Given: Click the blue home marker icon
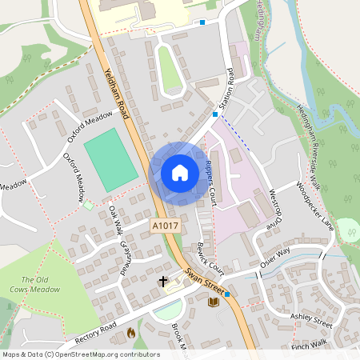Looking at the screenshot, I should pyautogui.click(x=180, y=173).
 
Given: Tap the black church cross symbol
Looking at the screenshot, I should pyautogui.click(x=164, y=282).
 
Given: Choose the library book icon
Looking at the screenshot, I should pyautogui.click(x=212, y=303).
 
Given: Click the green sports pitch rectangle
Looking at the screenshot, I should pyautogui.click(x=110, y=160).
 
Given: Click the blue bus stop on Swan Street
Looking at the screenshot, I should pyautogui.click(x=228, y=294).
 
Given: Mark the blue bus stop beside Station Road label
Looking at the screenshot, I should pyautogui.click(x=215, y=114).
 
